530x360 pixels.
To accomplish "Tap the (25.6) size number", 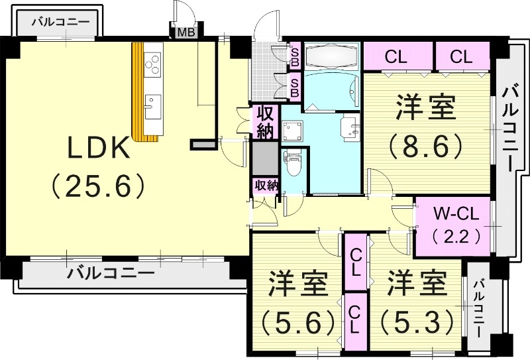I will coord(98,187).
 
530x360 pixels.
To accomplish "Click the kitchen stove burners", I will coord(153,63).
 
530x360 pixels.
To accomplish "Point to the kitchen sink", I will coord(152,102).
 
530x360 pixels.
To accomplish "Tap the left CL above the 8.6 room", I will coord(396,57).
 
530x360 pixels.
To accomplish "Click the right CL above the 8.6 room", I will coord(460,57).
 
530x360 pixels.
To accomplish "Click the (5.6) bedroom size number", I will coord(297,324).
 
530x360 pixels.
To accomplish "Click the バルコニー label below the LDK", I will coord(111,272).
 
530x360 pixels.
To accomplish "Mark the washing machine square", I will coord(291,130).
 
